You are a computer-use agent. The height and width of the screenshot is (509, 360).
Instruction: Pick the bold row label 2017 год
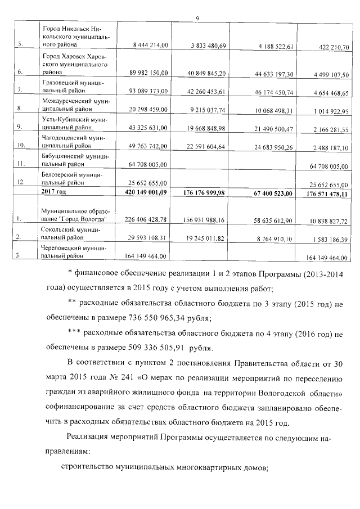tap(54, 192)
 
